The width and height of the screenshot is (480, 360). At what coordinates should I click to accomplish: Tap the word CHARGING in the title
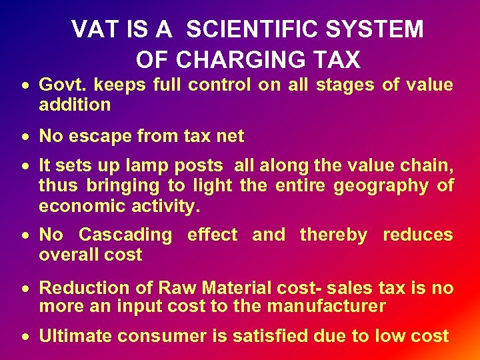coord(257,60)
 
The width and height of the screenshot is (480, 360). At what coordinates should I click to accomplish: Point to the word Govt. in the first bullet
coord(64,85)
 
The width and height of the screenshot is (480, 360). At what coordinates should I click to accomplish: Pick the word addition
coord(75,105)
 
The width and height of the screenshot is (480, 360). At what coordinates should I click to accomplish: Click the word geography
coord(381,186)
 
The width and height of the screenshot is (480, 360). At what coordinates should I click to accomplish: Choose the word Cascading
coord(125,235)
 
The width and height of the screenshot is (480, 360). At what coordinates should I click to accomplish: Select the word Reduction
coord(81,288)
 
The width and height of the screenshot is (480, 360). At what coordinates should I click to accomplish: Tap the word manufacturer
coord(326,307)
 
